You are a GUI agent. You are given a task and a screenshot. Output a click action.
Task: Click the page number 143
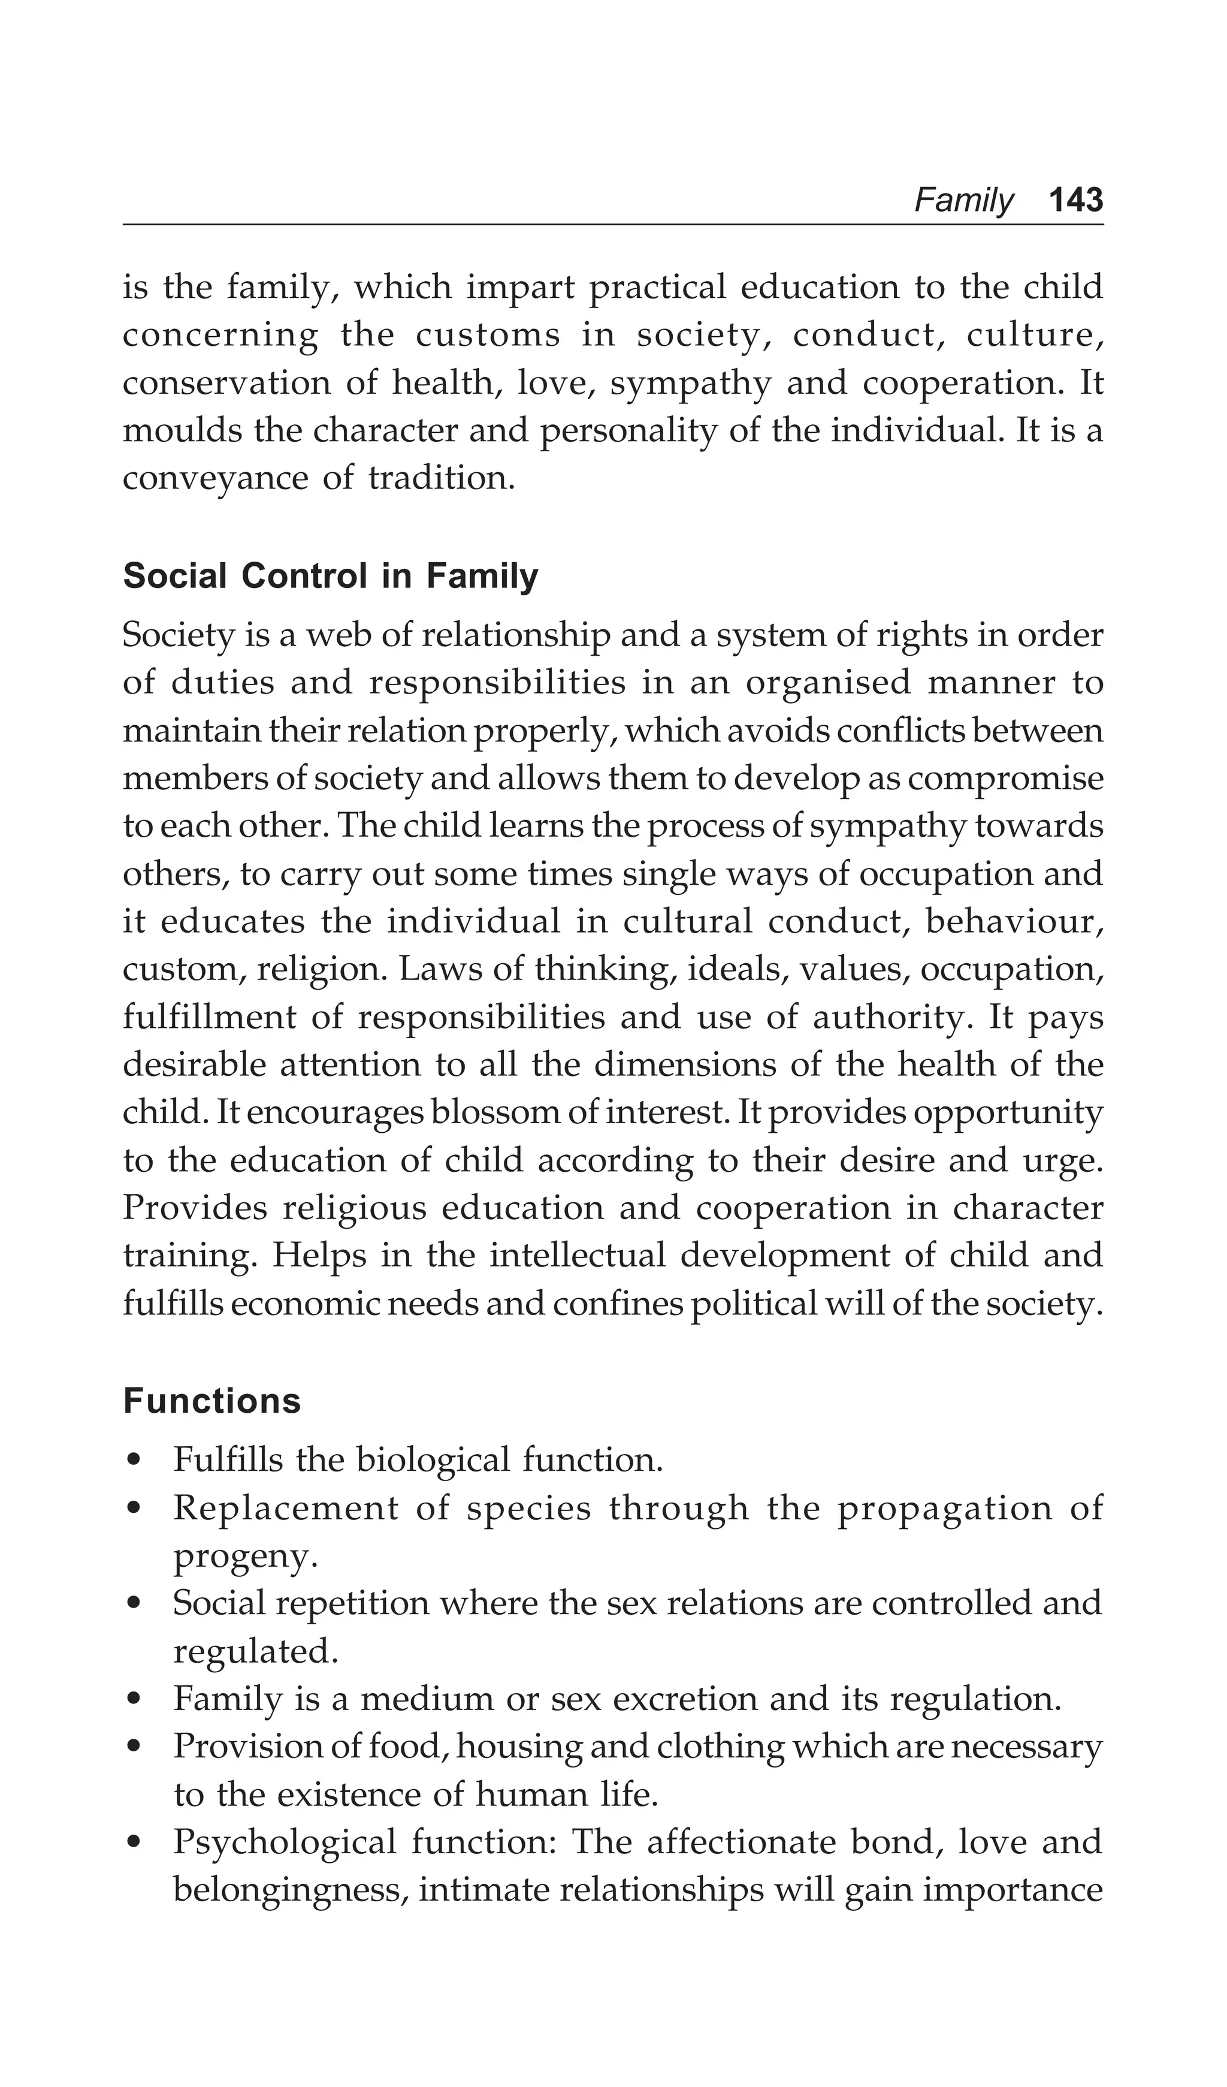tap(1075, 200)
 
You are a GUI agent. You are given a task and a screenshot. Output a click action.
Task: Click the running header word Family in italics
tap(963, 200)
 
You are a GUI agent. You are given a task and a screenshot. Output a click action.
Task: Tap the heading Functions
tap(212, 1401)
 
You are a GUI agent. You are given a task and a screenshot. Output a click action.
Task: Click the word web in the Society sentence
tap(334, 635)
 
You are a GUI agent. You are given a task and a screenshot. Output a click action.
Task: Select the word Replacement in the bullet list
tap(286, 1507)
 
